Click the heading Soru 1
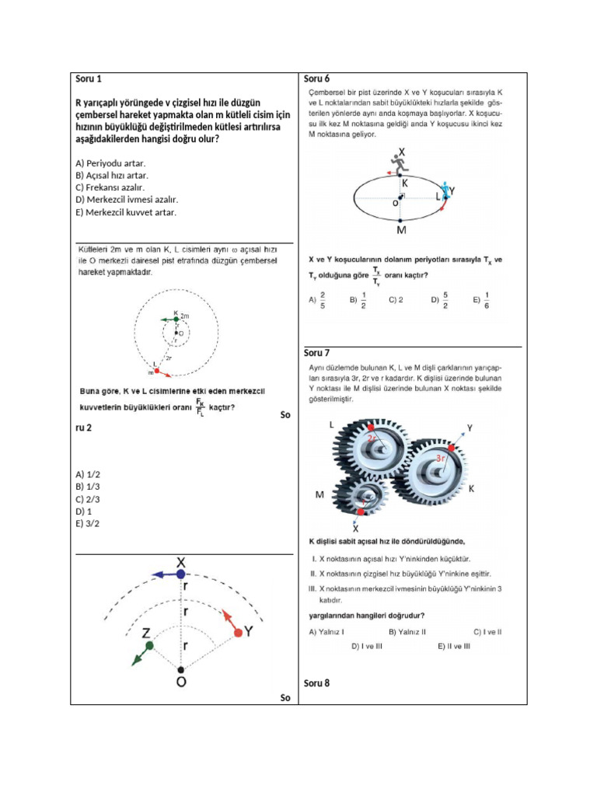tap(88, 79)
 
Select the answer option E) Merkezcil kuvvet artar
tap(126, 211)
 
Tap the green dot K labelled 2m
tap(176, 319)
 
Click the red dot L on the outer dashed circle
tap(156, 370)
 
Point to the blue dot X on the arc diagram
tap(180, 574)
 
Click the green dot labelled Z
tap(149, 645)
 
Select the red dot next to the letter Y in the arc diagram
tap(238, 634)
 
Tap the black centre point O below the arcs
tap(180, 669)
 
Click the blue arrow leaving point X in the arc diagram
tap(164, 574)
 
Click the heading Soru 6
tap(316, 79)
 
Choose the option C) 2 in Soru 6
tap(395, 298)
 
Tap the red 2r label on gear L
tap(374, 438)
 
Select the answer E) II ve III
tap(453, 646)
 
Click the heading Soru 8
tap(316, 683)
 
